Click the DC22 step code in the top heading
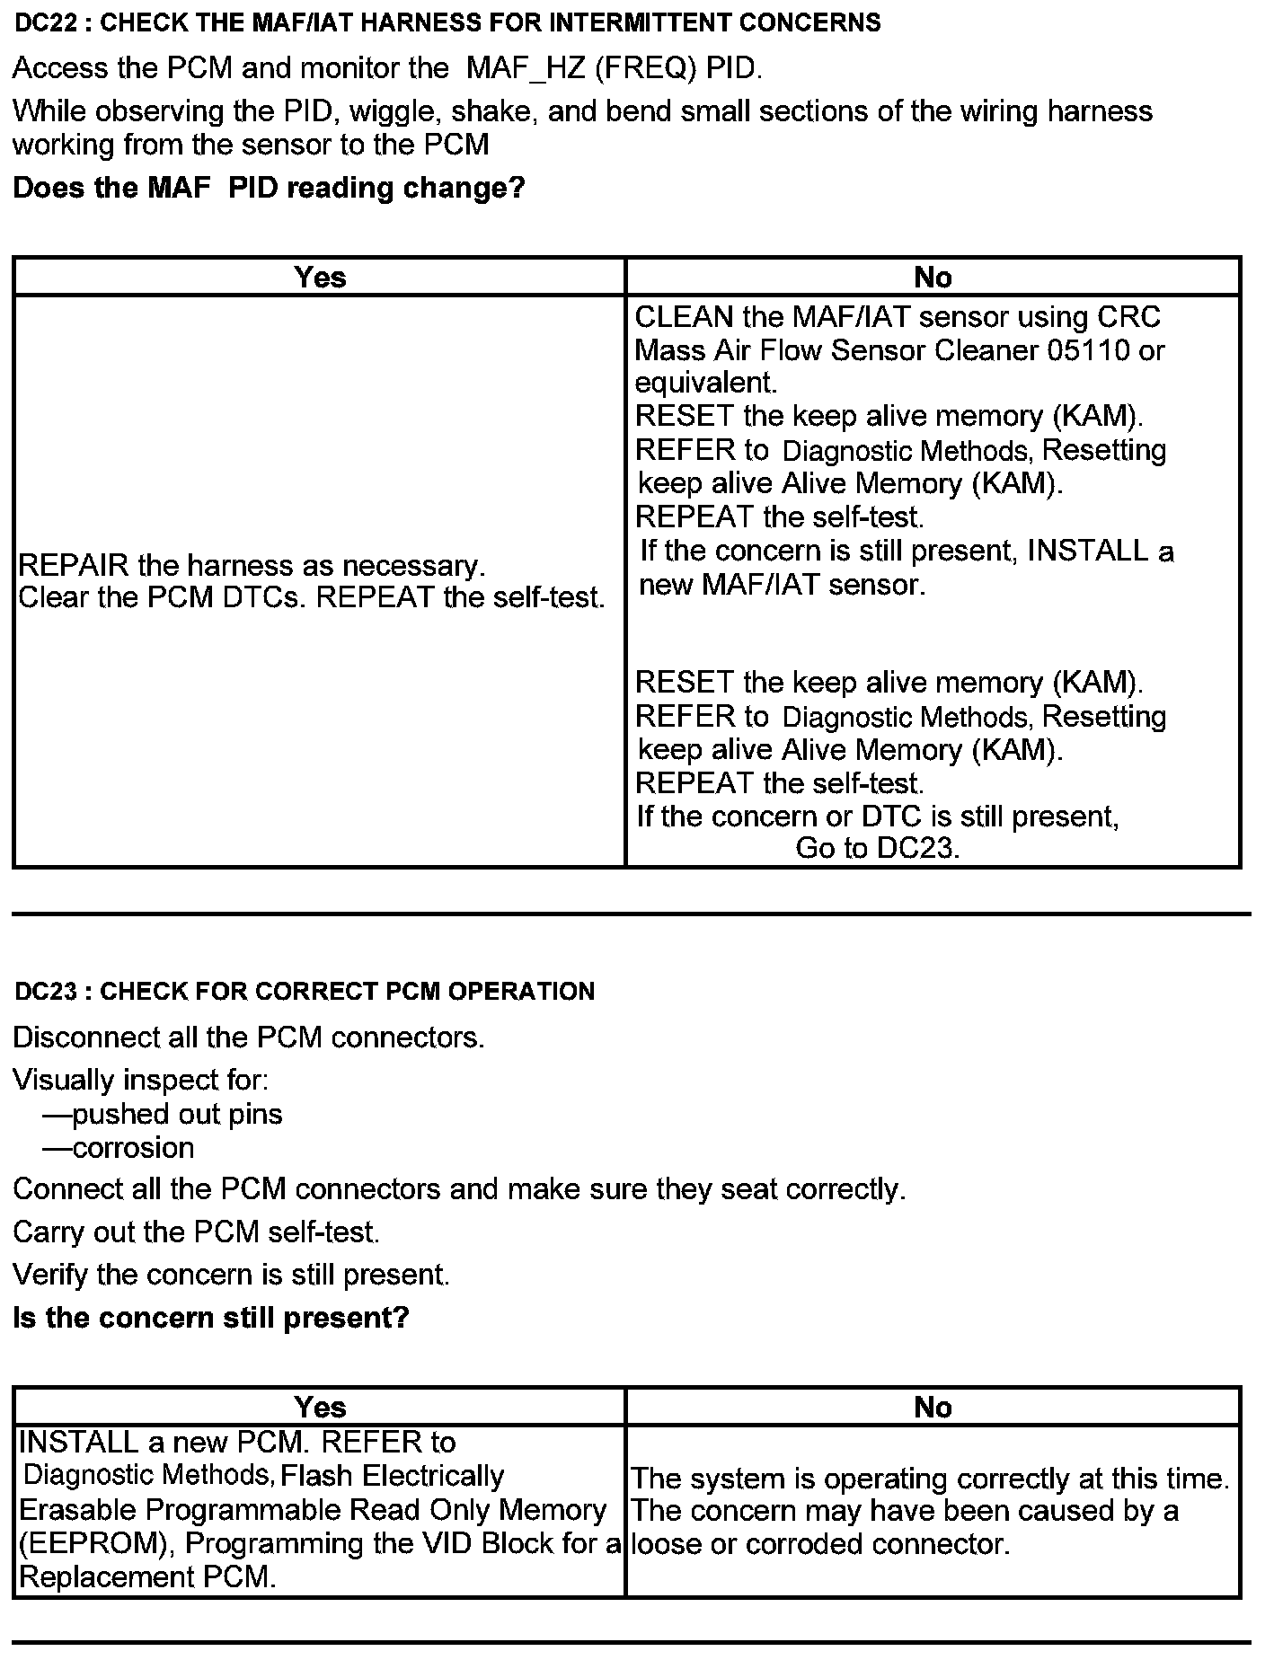click(44, 22)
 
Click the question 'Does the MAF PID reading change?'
click(269, 188)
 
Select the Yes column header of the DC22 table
click(320, 277)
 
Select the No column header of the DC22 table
click(933, 277)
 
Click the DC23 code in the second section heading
click(44, 992)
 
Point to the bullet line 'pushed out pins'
click(177, 1115)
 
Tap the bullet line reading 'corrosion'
click(133, 1148)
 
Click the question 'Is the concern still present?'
click(211, 1318)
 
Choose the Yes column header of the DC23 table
click(320, 1407)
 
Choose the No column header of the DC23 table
click(933, 1407)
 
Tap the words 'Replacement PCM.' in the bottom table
click(147, 1577)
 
